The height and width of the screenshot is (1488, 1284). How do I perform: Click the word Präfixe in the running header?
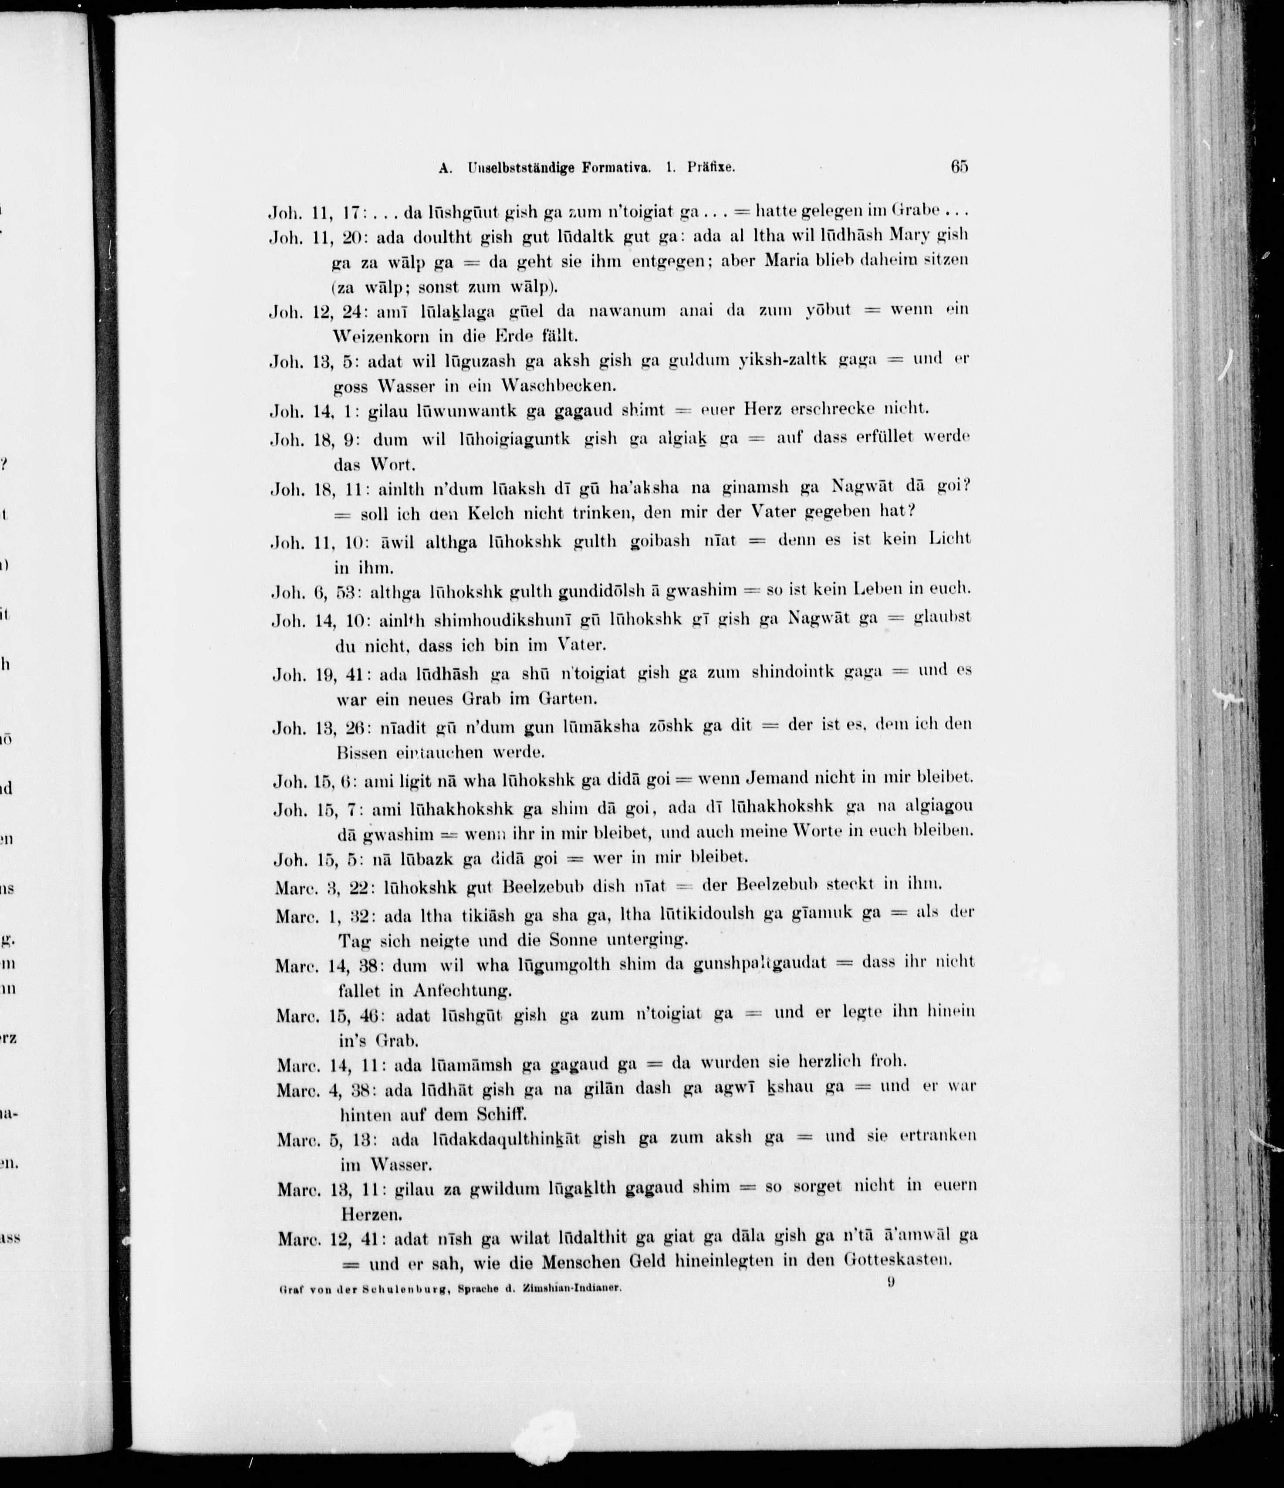tap(710, 168)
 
